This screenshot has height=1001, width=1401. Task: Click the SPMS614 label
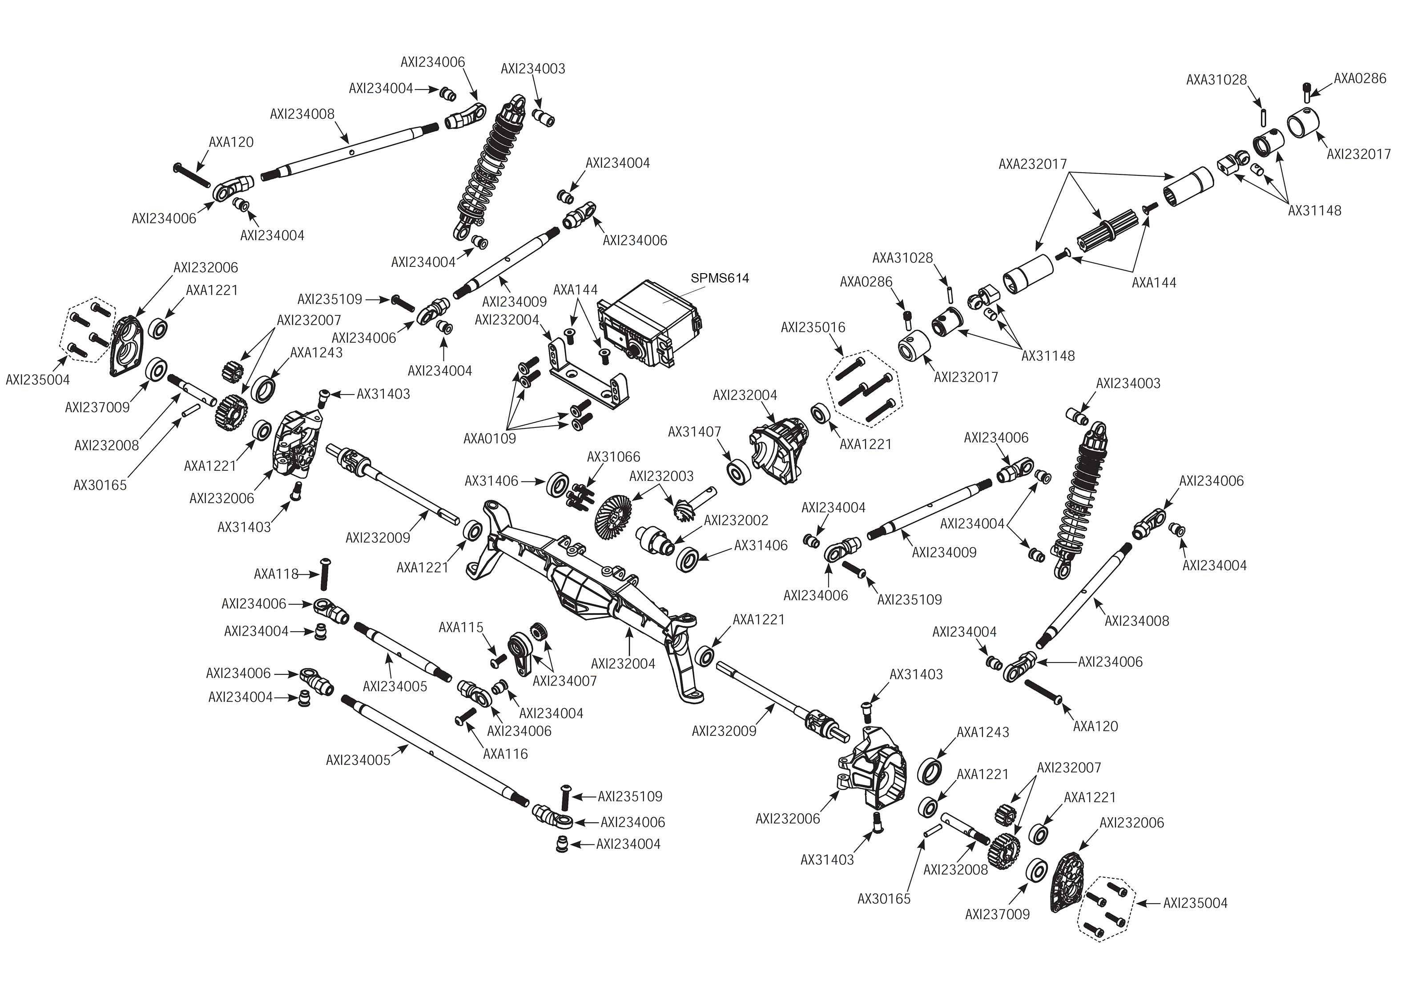[x=719, y=278]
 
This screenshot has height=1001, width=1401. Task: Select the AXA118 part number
[x=276, y=574]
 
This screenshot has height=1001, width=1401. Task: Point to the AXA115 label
[x=461, y=627]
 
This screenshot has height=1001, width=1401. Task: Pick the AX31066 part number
[x=613, y=457]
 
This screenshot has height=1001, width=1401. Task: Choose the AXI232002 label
[x=736, y=520]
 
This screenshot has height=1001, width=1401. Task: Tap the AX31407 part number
[x=694, y=432]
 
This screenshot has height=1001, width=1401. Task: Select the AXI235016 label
[x=813, y=327]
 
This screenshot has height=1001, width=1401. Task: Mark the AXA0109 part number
[x=489, y=438]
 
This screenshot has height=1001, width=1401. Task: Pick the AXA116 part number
[x=505, y=753]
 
